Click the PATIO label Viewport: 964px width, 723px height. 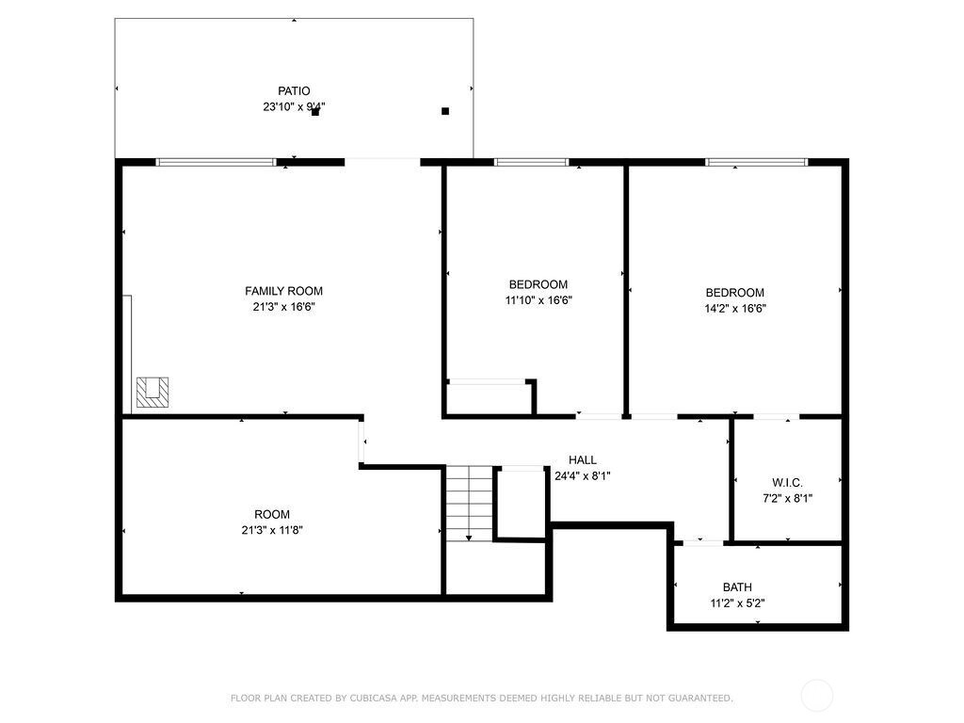point(294,91)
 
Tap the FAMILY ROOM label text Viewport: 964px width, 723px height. point(283,291)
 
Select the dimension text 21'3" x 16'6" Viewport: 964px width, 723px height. point(283,307)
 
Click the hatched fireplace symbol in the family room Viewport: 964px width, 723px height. point(153,393)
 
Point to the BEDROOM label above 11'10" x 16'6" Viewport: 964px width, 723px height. point(538,284)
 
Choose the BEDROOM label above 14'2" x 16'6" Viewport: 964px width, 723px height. point(734,293)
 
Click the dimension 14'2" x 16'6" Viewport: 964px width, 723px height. point(734,309)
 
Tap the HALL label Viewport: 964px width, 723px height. point(582,459)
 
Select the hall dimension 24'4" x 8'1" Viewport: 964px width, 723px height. point(582,475)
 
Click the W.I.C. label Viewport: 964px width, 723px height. point(788,483)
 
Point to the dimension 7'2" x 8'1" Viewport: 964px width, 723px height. point(788,499)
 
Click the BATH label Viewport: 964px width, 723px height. point(737,587)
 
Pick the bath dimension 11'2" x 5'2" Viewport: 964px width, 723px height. point(737,603)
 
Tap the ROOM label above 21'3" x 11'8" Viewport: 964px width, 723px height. point(272,515)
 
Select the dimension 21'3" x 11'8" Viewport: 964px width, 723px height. point(272,530)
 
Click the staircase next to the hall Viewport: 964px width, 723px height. point(469,504)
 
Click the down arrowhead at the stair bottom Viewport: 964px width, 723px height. point(469,538)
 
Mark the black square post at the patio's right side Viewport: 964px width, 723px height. point(445,111)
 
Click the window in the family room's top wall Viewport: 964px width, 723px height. point(216,162)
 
